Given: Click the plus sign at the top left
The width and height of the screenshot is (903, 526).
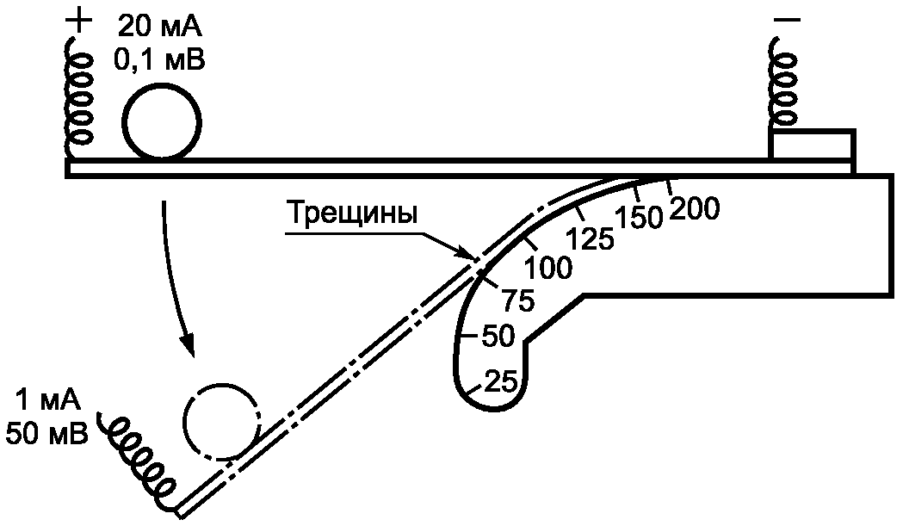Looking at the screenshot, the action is pyautogui.click(x=79, y=22).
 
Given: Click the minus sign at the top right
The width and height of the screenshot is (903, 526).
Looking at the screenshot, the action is pyautogui.click(x=788, y=20).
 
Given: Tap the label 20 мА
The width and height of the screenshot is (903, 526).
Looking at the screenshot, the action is pyautogui.click(x=160, y=27).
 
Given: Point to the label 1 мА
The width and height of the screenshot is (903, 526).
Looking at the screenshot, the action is pyautogui.click(x=48, y=399).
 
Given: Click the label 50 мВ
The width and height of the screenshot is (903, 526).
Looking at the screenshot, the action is pyautogui.click(x=47, y=432).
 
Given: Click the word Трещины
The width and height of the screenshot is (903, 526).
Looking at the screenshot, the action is pyautogui.click(x=352, y=213).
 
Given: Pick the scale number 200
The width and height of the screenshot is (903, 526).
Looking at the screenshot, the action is pyautogui.click(x=695, y=208).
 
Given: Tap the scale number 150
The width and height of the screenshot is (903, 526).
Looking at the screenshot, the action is pyautogui.click(x=640, y=217).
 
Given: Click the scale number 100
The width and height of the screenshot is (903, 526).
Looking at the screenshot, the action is pyautogui.click(x=548, y=268).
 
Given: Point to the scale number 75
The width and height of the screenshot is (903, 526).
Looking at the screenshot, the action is pyautogui.click(x=518, y=300).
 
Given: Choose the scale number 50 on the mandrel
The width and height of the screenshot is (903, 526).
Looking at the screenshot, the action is pyautogui.click(x=498, y=337).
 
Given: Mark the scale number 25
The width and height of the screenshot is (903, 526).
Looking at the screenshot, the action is pyautogui.click(x=502, y=381).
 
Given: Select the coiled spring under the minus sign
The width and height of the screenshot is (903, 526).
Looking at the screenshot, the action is pyautogui.click(x=784, y=84).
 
